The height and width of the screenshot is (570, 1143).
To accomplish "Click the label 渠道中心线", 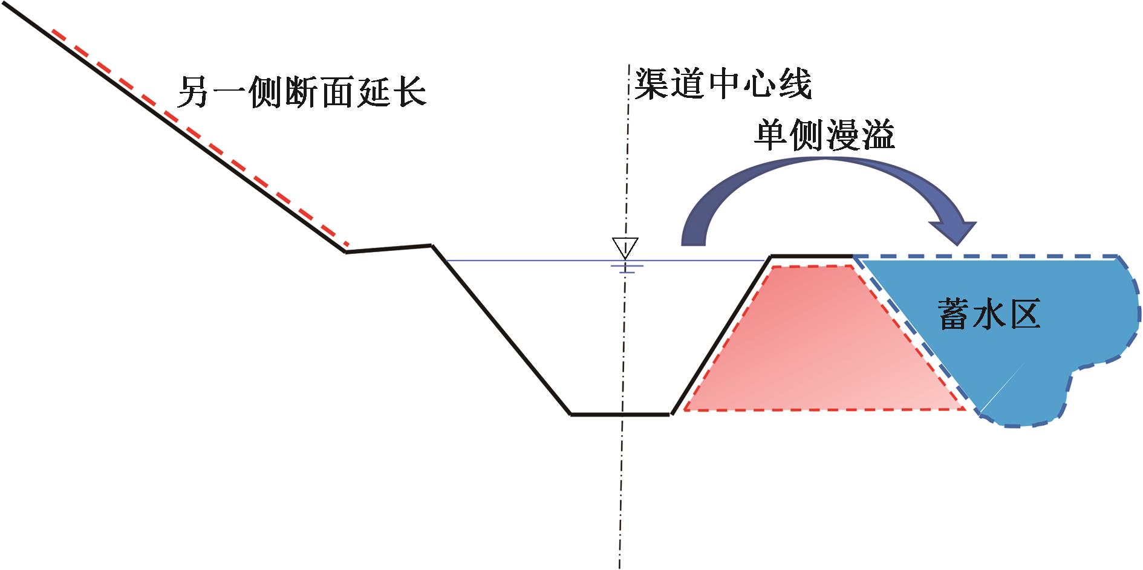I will [723, 85].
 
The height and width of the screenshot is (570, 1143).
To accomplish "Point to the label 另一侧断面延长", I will [301, 92].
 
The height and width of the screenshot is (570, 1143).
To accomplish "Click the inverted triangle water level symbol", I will [625, 247].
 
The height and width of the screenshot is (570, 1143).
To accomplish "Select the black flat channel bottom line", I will [620, 415].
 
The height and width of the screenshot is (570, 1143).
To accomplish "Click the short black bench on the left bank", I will [388, 248].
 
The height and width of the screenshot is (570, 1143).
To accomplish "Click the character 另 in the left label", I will [192, 92].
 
